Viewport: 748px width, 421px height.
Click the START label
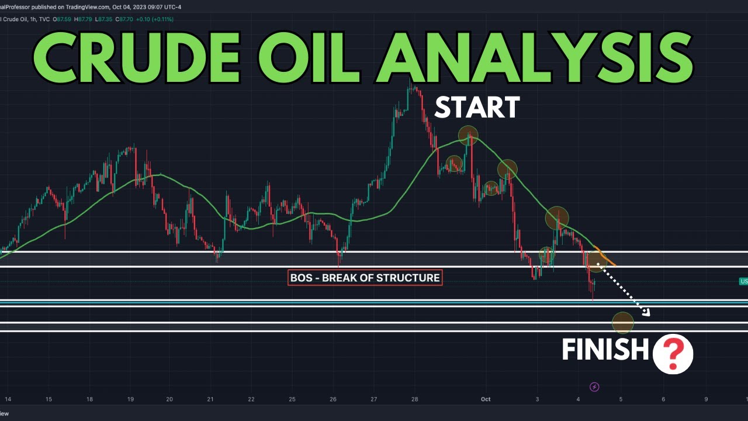coord(477,108)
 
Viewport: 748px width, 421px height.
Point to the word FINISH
coord(605,350)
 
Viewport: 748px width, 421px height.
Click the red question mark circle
coord(673,354)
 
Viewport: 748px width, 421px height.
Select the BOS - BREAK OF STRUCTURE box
coord(365,277)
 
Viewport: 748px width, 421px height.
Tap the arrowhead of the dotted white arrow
coord(646,312)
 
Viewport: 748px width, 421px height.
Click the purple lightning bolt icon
coord(595,387)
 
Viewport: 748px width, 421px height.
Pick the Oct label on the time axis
coord(486,399)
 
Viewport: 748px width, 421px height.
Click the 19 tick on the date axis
coord(130,399)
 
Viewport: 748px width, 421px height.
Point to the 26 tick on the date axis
coord(333,399)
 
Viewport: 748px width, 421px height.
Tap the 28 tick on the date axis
coord(414,399)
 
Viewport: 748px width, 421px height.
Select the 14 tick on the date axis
coord(8,399)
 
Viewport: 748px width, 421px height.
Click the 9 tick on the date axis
coord(706,399)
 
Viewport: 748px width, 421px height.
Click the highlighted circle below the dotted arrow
coord(623,322)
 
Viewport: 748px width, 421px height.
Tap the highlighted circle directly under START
coord(468,135)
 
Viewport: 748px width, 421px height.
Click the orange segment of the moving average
coord(606,259)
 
